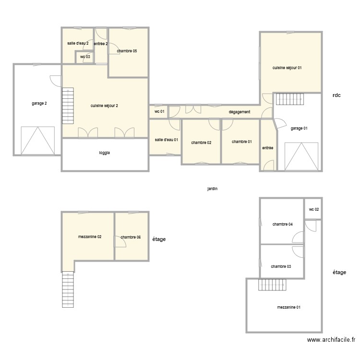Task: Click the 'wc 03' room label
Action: point(85,57)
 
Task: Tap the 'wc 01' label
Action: point(159,111)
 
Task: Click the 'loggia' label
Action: point(105,153)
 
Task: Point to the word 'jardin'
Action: point(212,189)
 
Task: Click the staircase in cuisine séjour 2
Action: point(68,106)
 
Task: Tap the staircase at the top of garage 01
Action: point(290,99)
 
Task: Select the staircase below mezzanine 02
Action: point(68,289)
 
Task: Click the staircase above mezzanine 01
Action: point(272,285)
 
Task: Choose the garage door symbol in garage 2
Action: point(38,141)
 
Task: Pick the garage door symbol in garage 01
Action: point(301,156)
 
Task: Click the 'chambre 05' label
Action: point(127,51)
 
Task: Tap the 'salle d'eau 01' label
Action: point(167,140)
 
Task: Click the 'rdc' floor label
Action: point(336,96)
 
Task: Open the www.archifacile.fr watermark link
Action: point(331,340)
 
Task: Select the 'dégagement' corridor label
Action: point(240,112)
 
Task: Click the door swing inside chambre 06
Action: point(120,241)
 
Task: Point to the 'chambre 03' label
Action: point(281,266)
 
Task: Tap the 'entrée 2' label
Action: point(101,44)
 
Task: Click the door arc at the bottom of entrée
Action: point(269,165)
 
